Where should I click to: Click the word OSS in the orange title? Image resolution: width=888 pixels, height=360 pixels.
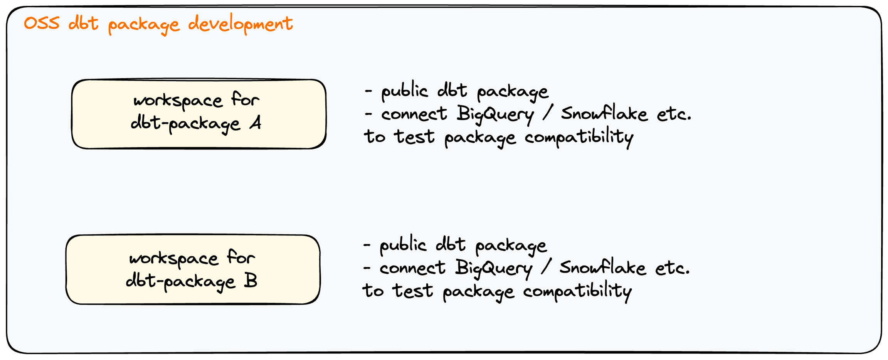click(42, 24)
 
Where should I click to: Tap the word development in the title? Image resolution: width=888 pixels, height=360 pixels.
click(240, 24)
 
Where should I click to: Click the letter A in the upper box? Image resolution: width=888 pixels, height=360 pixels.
click(255, 123)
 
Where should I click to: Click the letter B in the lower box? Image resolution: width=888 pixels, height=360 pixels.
click(251, 281)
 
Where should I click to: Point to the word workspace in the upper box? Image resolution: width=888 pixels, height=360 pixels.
click(178, 101)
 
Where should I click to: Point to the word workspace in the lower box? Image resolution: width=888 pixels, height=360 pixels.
click(173, 259)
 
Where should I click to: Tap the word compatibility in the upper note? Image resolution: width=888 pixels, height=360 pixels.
click(579, 138)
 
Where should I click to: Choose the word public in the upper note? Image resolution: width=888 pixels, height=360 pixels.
click(404, 92)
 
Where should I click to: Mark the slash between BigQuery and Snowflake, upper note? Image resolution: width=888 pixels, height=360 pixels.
click(547, 113)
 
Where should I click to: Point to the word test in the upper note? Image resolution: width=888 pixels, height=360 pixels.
click(414, 137)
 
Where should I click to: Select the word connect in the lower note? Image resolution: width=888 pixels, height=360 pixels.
click(412, 268)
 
